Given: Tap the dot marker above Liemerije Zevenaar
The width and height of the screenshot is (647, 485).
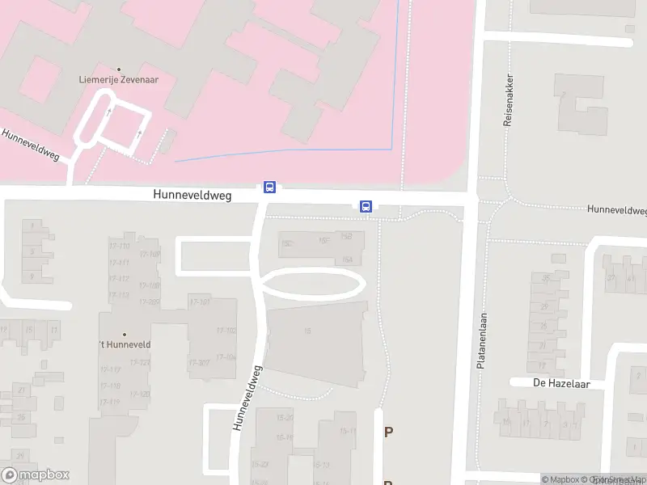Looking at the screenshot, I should tap(120, 70).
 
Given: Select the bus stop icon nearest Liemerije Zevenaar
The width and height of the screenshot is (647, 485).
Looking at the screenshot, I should tap(269, 188).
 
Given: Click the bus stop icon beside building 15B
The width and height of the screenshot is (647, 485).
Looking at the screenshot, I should tap(366, 206).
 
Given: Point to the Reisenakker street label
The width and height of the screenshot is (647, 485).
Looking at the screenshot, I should tap(509, 108).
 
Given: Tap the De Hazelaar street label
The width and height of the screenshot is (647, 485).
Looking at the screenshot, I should tap(557, 383).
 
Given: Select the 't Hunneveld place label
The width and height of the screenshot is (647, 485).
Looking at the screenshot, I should tap(125, 345).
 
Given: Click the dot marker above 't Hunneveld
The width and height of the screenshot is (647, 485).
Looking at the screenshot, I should tap(124, 334).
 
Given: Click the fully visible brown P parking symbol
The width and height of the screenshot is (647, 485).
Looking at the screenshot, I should tap(388, 432).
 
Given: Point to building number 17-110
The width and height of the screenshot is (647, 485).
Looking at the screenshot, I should tap(120, 247).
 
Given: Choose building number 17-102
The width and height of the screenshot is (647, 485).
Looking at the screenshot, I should tap(226, 331).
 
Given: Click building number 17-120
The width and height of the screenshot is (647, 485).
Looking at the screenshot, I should tap(140, 394).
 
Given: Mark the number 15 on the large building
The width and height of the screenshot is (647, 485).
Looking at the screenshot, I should tap(307, 331).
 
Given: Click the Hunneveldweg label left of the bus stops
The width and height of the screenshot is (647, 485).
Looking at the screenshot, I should tap(192, 195).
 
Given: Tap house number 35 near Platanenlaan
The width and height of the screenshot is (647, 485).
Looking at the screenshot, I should tap(546, 279).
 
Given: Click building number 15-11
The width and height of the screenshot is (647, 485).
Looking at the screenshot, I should tap(348, 432).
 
